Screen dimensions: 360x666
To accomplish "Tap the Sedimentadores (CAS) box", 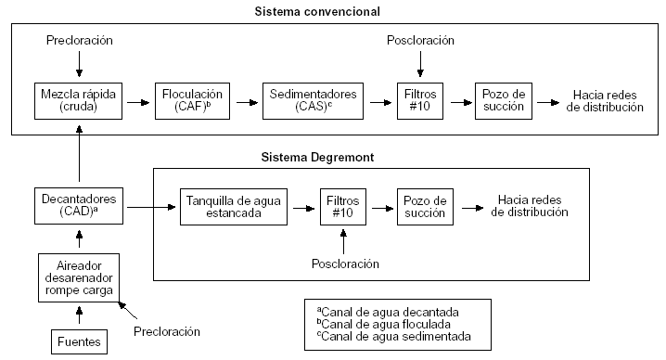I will coord(313,99).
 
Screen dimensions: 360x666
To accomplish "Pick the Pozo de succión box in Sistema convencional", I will coord(505,99).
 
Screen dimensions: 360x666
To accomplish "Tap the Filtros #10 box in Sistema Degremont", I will coord(344,206).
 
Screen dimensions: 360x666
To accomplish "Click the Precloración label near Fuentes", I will coord(167,330).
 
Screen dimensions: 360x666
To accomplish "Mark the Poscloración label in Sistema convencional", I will coord(420,42).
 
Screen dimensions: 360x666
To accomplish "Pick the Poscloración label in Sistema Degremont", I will coord(344,264).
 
